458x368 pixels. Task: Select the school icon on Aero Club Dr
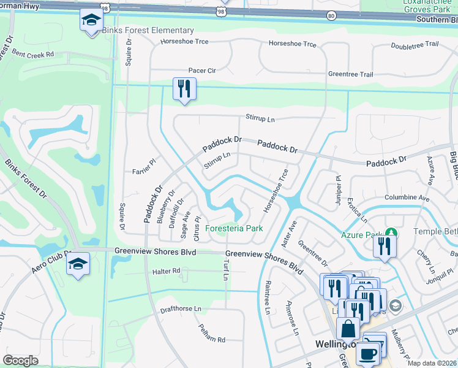pyautogui.click(x=78, y=264)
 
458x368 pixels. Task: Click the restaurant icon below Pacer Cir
pyautogui.click(x=184, y=89)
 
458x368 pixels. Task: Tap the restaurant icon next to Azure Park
pyautogui.click(x=385, y=247)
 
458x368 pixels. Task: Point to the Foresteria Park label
pyautogui.click(x=234, y=228)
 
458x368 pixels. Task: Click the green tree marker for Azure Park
pyautogui.click(x=391, y=233)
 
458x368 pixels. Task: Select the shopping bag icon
pyautogui.click(x=348, y=329)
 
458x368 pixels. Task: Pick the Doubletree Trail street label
pyautogui.click(x=415, y=44)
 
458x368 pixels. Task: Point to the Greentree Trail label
pyautogui.click(x=350, y=74)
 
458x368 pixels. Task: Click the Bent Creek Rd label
pyautogui.click(x=32, y=54)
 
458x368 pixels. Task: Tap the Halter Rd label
pyautogui.click(x=167, y=270)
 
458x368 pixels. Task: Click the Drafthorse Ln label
pyautogui.click(x=180, y=309)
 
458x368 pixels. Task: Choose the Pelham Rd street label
pyautogui.click(x=212, y=339)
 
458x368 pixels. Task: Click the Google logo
pyautogui.click(x=20, y=361)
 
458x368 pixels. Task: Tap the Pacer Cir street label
pyautogui.click(x=202, y=71)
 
